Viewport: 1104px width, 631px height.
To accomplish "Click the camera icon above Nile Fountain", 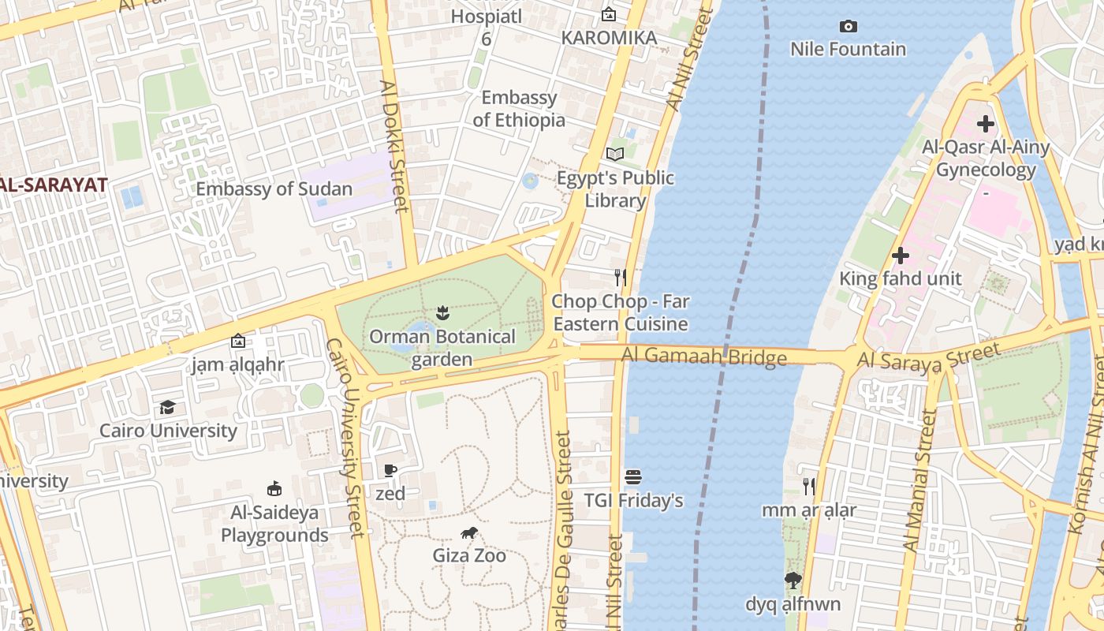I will [x=849, y=27].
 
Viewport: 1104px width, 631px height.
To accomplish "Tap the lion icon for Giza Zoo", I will [x=469, y=533].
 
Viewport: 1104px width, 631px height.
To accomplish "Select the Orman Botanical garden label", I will [x=442, y=348].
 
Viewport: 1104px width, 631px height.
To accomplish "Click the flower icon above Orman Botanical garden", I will [x=442, y=313].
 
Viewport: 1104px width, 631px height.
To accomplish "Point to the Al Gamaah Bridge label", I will [x=703, y=357].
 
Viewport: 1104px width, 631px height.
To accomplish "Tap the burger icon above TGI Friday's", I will [x=633, y=477].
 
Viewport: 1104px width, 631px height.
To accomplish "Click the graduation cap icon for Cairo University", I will [x=167, y=408].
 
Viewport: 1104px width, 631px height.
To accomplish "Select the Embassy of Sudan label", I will [x=274, y=189].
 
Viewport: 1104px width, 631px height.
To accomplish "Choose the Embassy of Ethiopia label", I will [x=519, y=109].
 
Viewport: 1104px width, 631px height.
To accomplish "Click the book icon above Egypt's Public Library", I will [x=615, y=154].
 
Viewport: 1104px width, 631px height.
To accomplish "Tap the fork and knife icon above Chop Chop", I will [x=621, y=277].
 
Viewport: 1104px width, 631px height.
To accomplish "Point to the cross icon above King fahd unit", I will [x=901, y=256].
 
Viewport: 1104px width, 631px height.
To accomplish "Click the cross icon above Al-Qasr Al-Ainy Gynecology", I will [x=986, y=124].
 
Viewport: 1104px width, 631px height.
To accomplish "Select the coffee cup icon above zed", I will [x=390, y=471].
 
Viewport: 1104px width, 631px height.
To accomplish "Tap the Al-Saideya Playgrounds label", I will [x=274, y=524].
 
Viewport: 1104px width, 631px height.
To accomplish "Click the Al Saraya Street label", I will [x=928, y=357].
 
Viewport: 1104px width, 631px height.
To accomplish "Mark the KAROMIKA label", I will [x=609, y=38].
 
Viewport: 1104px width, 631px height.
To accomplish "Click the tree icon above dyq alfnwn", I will [x=793, y=581].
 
